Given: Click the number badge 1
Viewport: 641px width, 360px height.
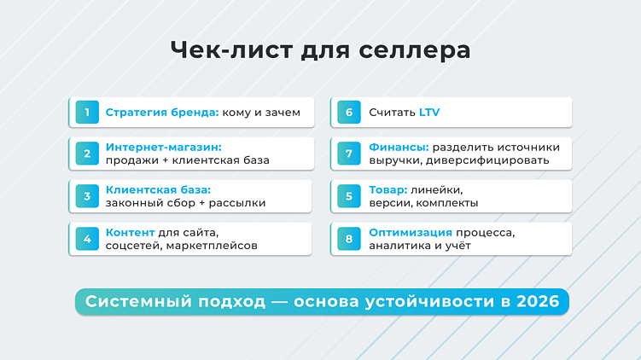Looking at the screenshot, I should pyautogui.click(x=87, y=112).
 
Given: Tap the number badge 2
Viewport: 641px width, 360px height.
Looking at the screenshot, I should pyautogui.click(x=87, y=154).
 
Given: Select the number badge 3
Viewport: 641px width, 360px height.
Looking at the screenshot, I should pyautogui.click(x=87, y=196).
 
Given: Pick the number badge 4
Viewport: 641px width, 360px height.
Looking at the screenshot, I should pyautogui.click(x=87, y=239).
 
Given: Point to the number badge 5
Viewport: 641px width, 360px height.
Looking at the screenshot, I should pyautogui.click(x=349, y=196).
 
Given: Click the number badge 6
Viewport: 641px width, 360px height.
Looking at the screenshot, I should pyautogui.click(x=349, y=112).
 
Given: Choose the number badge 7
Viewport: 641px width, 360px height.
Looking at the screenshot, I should pyautogui.click(x=349, y=154).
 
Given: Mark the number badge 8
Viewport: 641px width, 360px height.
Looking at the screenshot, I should pyautogui.click(x=349, y=239).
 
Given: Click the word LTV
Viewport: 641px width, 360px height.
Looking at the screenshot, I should pyautogui.click(x=429, y=112).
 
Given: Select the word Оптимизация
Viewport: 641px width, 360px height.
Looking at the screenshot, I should pyautogui.click(x=411, y=232).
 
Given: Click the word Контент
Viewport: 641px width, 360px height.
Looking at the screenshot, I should pyautogui.click(x=131, y=232).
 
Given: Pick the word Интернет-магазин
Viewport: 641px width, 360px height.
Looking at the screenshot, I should pyautogui.click(x=163, y=147).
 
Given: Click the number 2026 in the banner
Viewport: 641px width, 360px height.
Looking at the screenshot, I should pyautogui.click(x=537, y=302).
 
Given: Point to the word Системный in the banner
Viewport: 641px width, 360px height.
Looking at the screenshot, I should pyautogui.click(x=134, y=302).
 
